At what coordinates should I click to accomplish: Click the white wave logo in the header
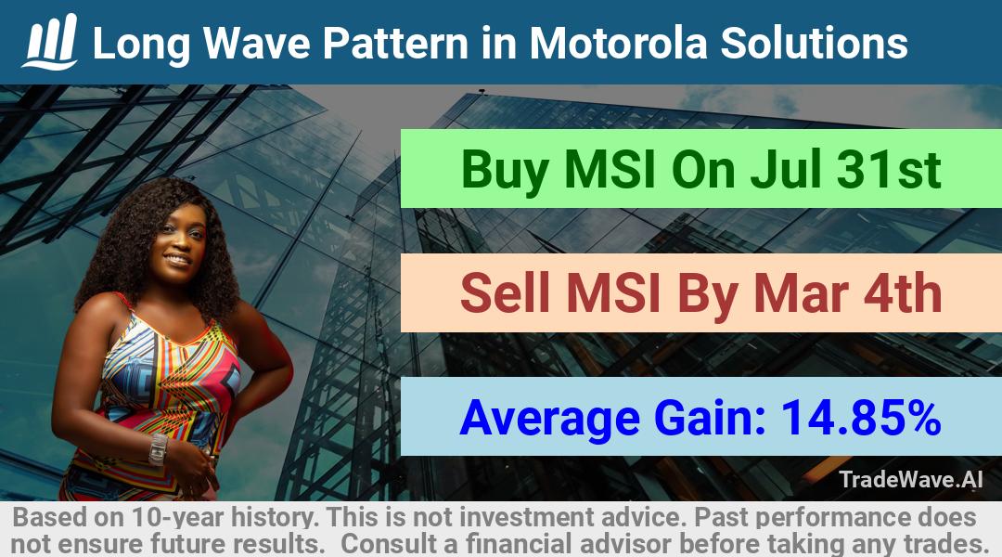(x=50, y=42)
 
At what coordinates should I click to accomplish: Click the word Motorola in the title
(x=619, y=43)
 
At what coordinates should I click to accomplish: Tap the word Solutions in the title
(x=815, y=43)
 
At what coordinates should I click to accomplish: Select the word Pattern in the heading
(x=395, y=43)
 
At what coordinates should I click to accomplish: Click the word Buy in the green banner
(x=505, y=170)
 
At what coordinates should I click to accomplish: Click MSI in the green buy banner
(x=610, y=170)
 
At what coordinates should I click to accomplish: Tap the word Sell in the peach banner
(x=506, y=292)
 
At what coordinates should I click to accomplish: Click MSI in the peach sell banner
(x=613, y=292)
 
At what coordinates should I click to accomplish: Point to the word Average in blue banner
(x=549, y=419)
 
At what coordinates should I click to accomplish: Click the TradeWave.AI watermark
(x=911, y=479)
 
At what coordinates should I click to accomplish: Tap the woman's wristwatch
(x=157, y=449)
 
